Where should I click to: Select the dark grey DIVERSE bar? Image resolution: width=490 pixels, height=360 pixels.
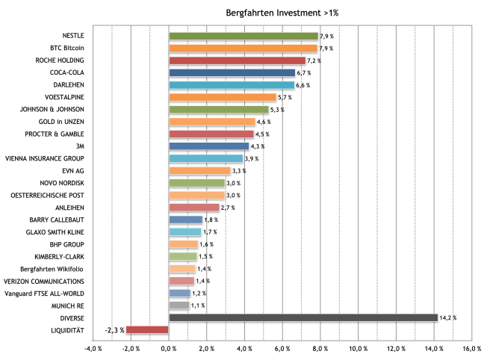303,317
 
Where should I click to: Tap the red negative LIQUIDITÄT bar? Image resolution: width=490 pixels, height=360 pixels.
147,329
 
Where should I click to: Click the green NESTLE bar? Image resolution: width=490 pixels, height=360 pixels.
244,36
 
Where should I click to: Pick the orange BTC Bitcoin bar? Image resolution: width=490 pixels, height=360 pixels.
244,48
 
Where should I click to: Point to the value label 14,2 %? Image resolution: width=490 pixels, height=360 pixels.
448,318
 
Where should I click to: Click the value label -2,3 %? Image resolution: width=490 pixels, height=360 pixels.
114,329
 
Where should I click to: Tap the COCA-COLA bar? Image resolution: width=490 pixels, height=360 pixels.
232,72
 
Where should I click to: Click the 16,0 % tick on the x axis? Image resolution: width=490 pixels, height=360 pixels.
471,348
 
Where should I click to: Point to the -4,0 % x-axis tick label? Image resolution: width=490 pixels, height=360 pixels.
93,348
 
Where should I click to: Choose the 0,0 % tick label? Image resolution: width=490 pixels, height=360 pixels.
169,348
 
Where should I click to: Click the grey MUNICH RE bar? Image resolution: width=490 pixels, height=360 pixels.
179,305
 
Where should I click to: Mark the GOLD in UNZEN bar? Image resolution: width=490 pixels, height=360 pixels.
212,122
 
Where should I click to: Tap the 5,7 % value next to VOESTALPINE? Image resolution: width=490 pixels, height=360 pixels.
285,97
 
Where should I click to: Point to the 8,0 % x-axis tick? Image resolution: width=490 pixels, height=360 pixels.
320,348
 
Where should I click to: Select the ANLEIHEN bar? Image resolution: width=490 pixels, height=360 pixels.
194,207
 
